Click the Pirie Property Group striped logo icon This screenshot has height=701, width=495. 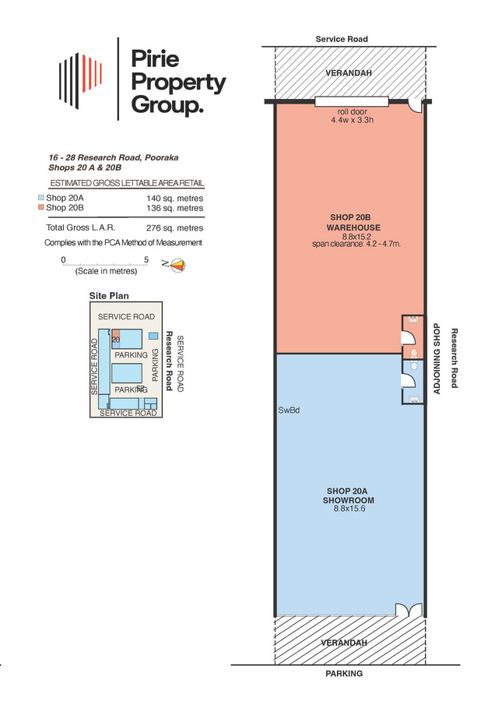tap(81, 81)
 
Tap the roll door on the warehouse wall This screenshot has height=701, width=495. tap(352, 102)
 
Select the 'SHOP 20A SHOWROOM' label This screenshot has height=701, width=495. tap(349, 495)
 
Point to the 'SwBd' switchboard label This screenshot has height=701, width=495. tap(289, 410)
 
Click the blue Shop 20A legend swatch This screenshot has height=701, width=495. tap(41, 198)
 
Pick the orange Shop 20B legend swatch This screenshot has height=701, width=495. tap(41, 207)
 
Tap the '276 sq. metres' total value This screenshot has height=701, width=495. tap(174, 228)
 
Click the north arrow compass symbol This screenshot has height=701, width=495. tap(177, 266)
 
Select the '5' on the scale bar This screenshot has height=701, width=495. tap(146, 259)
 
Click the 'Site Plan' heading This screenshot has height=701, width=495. tap(109, 295)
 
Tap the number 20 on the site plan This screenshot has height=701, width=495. tap(116, 340)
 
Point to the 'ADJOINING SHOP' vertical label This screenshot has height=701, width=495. tap(437, 358)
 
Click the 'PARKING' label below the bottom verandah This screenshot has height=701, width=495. tap(344, 674)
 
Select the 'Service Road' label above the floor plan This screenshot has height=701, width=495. tap(342, 39)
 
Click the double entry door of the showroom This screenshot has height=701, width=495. tap(409, 610)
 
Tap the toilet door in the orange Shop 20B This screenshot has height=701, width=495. tap(409, 336)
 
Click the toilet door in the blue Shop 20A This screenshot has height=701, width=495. tap(409, 379)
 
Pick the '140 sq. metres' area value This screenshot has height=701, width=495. tap(174, 198)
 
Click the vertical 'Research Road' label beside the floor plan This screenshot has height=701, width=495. tap(455, 358)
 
